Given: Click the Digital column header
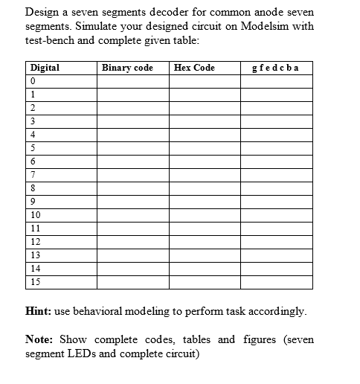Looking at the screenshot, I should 45,68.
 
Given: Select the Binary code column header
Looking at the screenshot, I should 127,68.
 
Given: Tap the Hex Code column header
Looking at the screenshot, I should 194,68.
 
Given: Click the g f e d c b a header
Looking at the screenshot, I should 276,68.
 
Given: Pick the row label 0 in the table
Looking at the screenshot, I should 33,81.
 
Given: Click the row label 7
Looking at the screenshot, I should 33,174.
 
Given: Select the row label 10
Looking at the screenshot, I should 36,214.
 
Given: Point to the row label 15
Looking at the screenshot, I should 36,281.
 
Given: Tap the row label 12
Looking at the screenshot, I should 36,241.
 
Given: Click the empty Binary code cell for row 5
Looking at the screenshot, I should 132,148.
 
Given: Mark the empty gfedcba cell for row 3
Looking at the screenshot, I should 276,121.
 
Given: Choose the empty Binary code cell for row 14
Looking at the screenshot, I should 132,268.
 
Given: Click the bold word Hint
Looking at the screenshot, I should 38,309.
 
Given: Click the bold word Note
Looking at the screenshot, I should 39,340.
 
